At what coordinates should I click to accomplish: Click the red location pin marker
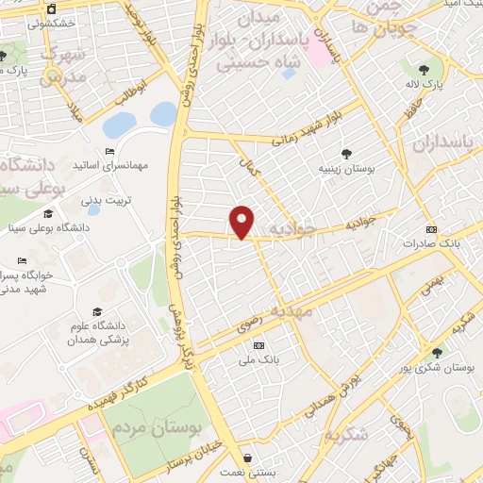click(242, 221)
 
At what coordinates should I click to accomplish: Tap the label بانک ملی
click(259, 359)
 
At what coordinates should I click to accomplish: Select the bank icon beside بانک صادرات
click(432, 229)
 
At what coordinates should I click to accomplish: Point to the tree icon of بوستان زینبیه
click(347, 153)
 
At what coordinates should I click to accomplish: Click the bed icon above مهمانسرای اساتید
click(109, 151)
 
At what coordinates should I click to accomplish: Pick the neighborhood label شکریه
click(346, 435)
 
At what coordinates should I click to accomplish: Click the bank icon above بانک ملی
click(258, 345)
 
